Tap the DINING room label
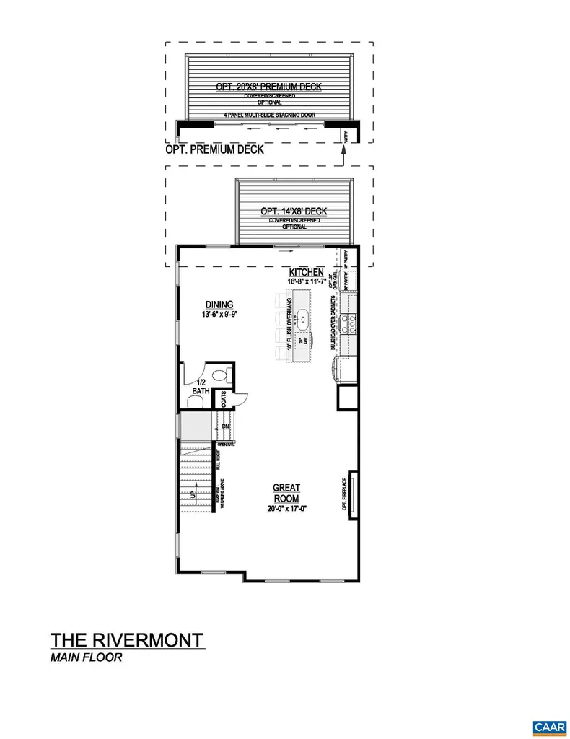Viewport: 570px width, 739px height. click(x=219, y=304)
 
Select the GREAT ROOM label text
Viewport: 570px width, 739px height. click(x=286, y=493)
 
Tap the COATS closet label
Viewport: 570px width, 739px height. click(x=224, y=399)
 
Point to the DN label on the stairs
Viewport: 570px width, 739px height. click(x=224, y=427)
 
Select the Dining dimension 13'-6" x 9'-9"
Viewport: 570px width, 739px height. click(x=219, y=314)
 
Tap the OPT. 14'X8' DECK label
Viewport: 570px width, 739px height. click(x=294, y=211)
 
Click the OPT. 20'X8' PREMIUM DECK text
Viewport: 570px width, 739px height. click(x=268, y=87)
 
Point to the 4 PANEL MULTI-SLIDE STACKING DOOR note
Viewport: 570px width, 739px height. click(x=268, y=115)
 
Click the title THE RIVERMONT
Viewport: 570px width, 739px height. click(x=126, y=640)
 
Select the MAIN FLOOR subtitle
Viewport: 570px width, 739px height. click(x=87, y=657)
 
